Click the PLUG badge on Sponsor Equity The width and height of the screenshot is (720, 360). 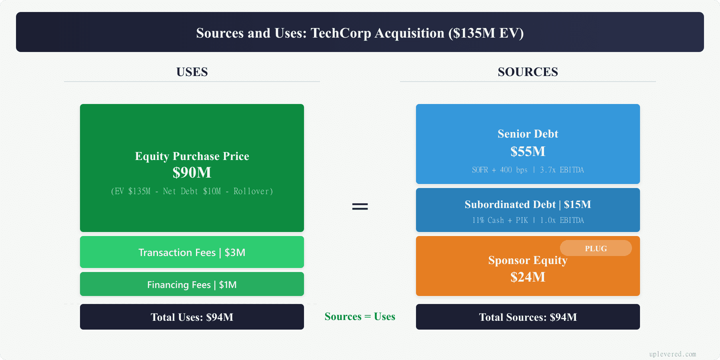click(596, 248)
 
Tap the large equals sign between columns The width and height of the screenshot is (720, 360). click(360, 206)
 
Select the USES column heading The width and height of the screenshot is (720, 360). click(192, 72)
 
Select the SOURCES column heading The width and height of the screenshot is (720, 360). click(528, 72)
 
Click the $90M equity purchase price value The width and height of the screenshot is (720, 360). click(192, 172)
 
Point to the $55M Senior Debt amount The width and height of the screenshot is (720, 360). click(528, 151)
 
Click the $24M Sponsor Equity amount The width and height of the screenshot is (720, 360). click(528, 277)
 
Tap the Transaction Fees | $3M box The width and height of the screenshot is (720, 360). click(192, 252)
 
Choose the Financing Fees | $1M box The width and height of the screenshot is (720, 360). click(192, 284)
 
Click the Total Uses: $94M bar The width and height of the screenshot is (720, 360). click(192, 317)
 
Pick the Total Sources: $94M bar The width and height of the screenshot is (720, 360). click(528, 317)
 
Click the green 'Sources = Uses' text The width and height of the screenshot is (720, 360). click(360, 316)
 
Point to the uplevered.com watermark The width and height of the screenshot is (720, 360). click(672, 354)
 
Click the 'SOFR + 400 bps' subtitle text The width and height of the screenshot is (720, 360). click(500, 170)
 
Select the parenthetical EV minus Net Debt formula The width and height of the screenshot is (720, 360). click(192, 191)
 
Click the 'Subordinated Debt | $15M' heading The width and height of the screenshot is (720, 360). click(528, 204)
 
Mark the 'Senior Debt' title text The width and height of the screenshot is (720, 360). click(528, 134)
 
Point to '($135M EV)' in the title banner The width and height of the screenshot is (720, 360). click(486, 33)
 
